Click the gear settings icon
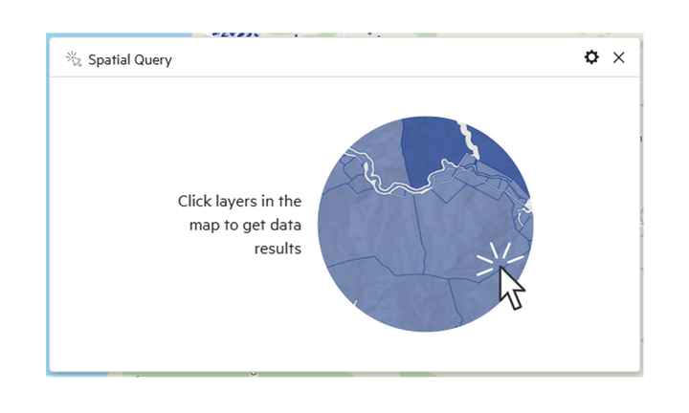(x=591, y=57)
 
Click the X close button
(x=619, y=57)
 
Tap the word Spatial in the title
(x=109, y=60)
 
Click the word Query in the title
(x=153, y=60)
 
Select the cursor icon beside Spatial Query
(x=74, y=59)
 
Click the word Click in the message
(x=194, y=202)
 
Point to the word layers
(x=236, y=203)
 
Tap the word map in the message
(x=205, y=226)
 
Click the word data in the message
(x=285, y=226)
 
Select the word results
(x=278, y=249)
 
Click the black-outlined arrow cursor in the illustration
(x=511, y=288)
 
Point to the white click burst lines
(x=500, y=259)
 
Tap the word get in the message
(x=254, y=227)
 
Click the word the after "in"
(x=290, y=202)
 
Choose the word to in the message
(x=232, y=226)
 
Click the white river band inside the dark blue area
(x=469, y=140)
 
